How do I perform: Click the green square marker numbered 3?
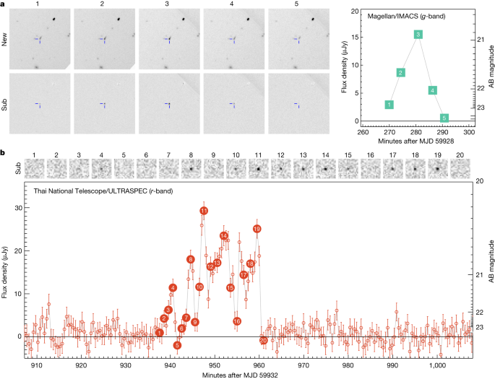[418, 35]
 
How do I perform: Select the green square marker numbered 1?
[389, 105]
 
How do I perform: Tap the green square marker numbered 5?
[444, 118]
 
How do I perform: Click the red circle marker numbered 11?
[204, 211]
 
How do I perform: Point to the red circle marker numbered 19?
[257, 229]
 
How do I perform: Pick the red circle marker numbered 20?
[263, 340]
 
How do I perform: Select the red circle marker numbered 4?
[173, 288]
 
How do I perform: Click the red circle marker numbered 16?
[236, 321]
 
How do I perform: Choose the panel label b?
[4, 154]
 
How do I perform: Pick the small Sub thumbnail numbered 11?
[257, 169]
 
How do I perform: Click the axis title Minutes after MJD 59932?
[246, 375]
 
